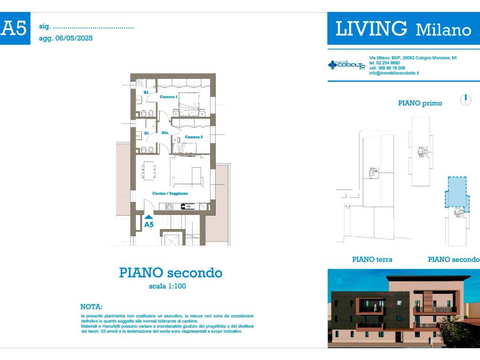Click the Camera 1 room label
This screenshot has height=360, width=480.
(169, 97)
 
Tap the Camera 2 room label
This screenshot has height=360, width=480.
(194, 137)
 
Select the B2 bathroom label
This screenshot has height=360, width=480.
(146, 93)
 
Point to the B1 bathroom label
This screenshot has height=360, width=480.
(146, 133)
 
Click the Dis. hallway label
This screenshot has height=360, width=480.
(165, 133)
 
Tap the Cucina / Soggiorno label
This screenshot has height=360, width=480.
(170, 193)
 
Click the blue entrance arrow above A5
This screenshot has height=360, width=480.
(149, 217)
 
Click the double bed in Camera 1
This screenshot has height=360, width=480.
(187, 104)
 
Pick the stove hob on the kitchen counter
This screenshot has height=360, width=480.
(187, 206)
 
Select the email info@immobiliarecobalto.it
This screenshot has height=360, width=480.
(394, 73)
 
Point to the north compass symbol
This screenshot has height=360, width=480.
(465, 100)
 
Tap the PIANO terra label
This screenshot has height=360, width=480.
(372, 259)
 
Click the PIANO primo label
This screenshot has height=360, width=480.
(420, 103)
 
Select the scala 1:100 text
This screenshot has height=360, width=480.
(167, 286)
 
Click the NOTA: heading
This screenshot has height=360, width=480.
(91, 307)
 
